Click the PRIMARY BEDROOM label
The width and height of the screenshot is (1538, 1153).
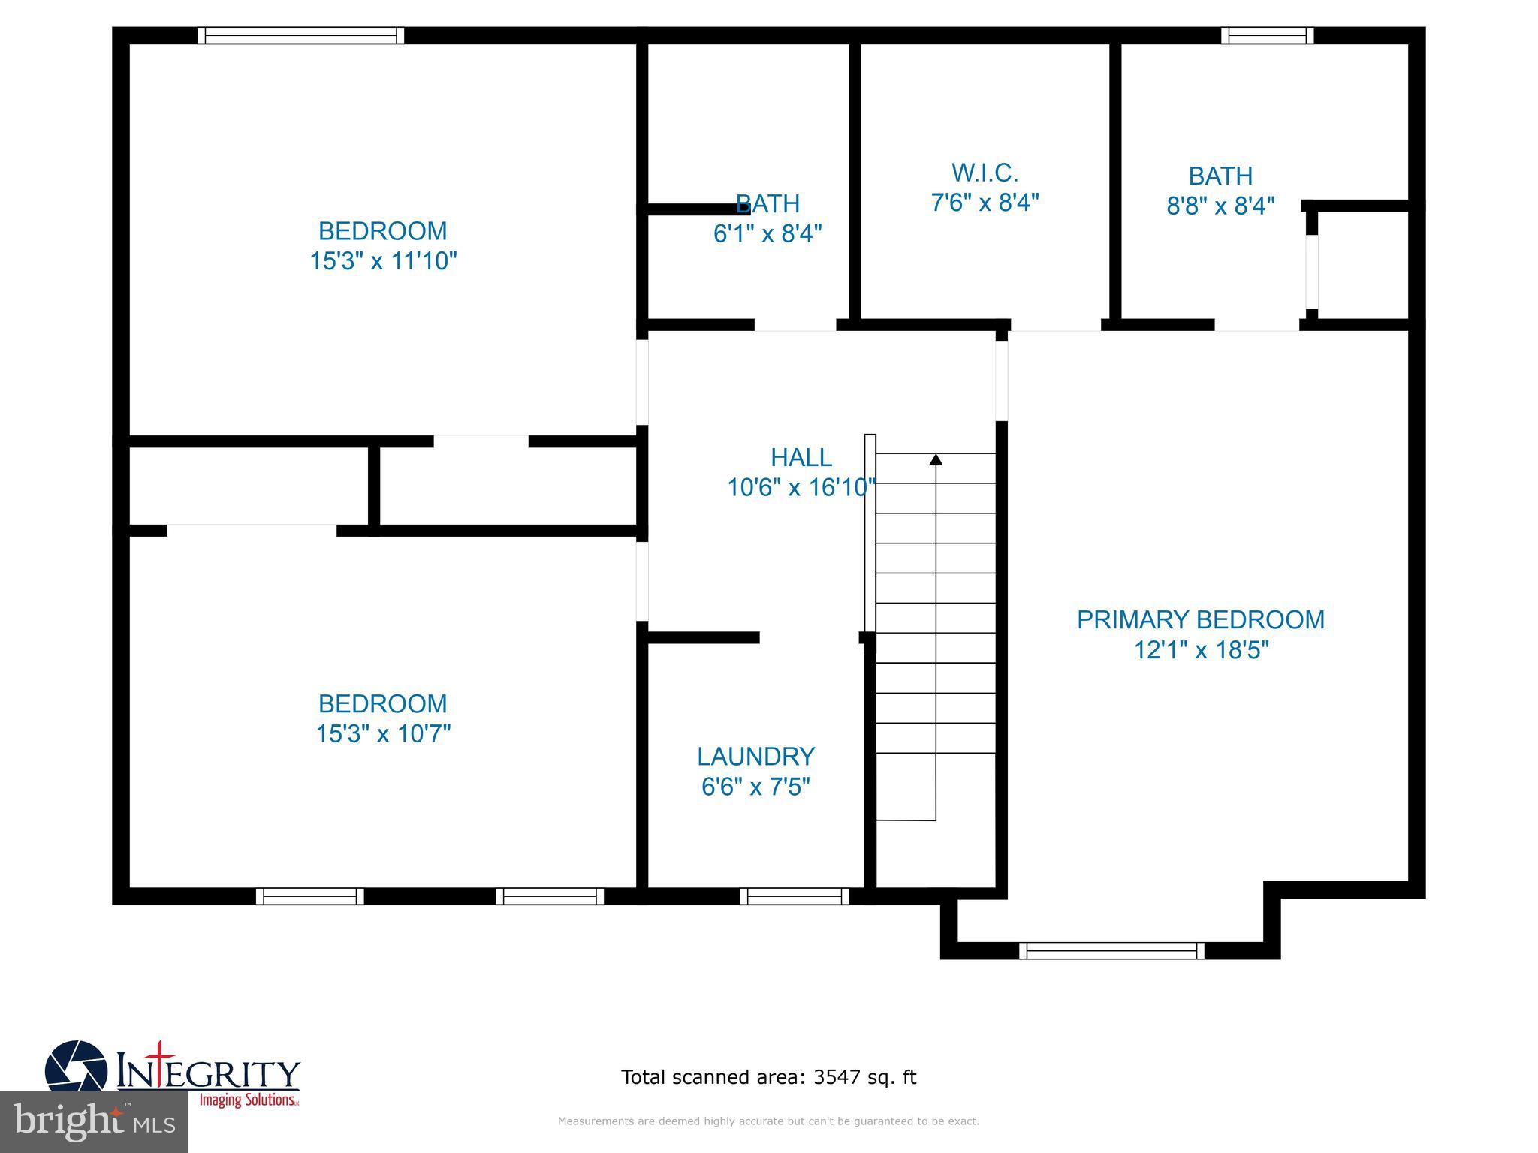[x=1200, y=619]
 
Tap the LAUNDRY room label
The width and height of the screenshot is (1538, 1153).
[x=755, y=756]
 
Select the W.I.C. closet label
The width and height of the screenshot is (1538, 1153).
[x=985, y=173]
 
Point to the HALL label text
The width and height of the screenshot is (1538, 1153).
[x=801, y=457]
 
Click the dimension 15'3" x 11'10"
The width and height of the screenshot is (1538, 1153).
[x=383, y=261]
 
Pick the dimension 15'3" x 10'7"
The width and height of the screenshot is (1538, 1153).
[x=383, y=733]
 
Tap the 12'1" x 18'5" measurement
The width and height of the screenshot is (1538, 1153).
[x=1201, y=649]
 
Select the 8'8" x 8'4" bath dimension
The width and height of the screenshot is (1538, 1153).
[x=1220, y=206]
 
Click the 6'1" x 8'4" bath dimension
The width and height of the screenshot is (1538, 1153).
[x=767, y=233]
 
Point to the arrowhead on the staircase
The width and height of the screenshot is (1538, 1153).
[x=936, y=459]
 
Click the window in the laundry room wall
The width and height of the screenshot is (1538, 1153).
[x=794, y=896]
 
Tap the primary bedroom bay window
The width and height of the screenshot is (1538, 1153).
[x=1111, y=950]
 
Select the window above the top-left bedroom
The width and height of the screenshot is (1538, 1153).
[x=300, y=35]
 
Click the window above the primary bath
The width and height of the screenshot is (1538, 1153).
[x=1267, y=35]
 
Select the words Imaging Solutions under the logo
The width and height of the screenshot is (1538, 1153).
[x=248, y=1100]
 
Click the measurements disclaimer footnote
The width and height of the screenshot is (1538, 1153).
[x=768, y=1121]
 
